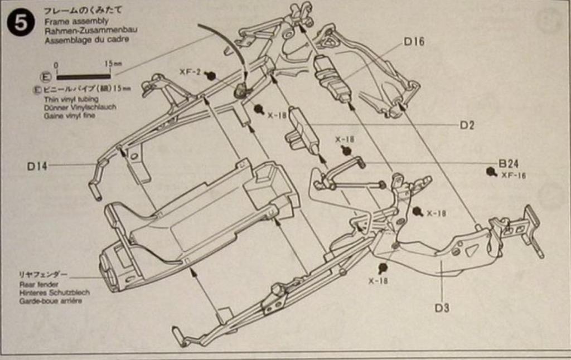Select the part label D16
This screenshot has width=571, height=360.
coord(414,41)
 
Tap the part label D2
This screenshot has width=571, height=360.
coord(467,125)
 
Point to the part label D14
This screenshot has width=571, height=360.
coord(37,166)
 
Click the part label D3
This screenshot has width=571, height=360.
coord(442,308)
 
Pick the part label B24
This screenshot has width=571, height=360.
coord(509,164)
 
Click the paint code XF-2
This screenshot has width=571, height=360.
coord(190,72)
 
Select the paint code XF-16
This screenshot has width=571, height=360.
coord(513,175)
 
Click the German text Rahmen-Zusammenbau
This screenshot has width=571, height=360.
coord(90,30)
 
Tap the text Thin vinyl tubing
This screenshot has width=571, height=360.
coord(71,99)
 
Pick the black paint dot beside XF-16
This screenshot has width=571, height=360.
coord(491,172)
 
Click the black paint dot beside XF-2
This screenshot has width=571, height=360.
coord(210,75)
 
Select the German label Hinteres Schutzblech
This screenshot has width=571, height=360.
coord(54,292)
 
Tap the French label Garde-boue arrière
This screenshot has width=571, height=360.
coord(50,301)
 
